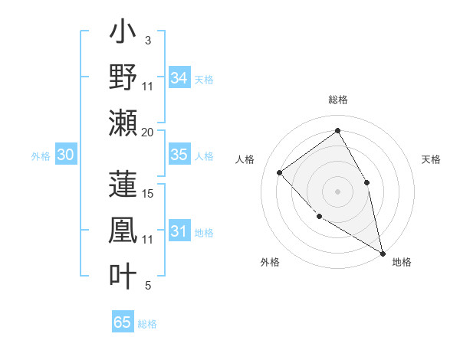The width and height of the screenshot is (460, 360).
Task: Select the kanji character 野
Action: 123,79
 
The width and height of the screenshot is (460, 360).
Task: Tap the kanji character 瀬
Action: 123,122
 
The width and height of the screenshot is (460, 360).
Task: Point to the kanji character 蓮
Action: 123,184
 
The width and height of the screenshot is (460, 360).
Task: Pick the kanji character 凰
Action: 123,231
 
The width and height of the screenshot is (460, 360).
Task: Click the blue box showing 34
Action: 179,78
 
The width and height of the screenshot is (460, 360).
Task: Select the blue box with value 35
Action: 179,155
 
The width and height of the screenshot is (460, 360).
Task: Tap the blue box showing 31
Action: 179,231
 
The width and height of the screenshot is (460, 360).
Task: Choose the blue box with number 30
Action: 65,155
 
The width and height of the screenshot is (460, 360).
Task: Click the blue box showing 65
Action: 123,322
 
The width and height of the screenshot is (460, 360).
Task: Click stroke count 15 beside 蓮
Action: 148,193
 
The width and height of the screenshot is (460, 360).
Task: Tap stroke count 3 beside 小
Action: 148,40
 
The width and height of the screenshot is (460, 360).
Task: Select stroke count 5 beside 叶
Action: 148,286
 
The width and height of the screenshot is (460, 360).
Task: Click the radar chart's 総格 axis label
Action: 338,100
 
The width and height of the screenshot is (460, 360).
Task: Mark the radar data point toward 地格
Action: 383,254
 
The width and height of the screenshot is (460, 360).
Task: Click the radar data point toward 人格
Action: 280,172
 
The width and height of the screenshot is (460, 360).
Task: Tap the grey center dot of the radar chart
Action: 337,191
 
